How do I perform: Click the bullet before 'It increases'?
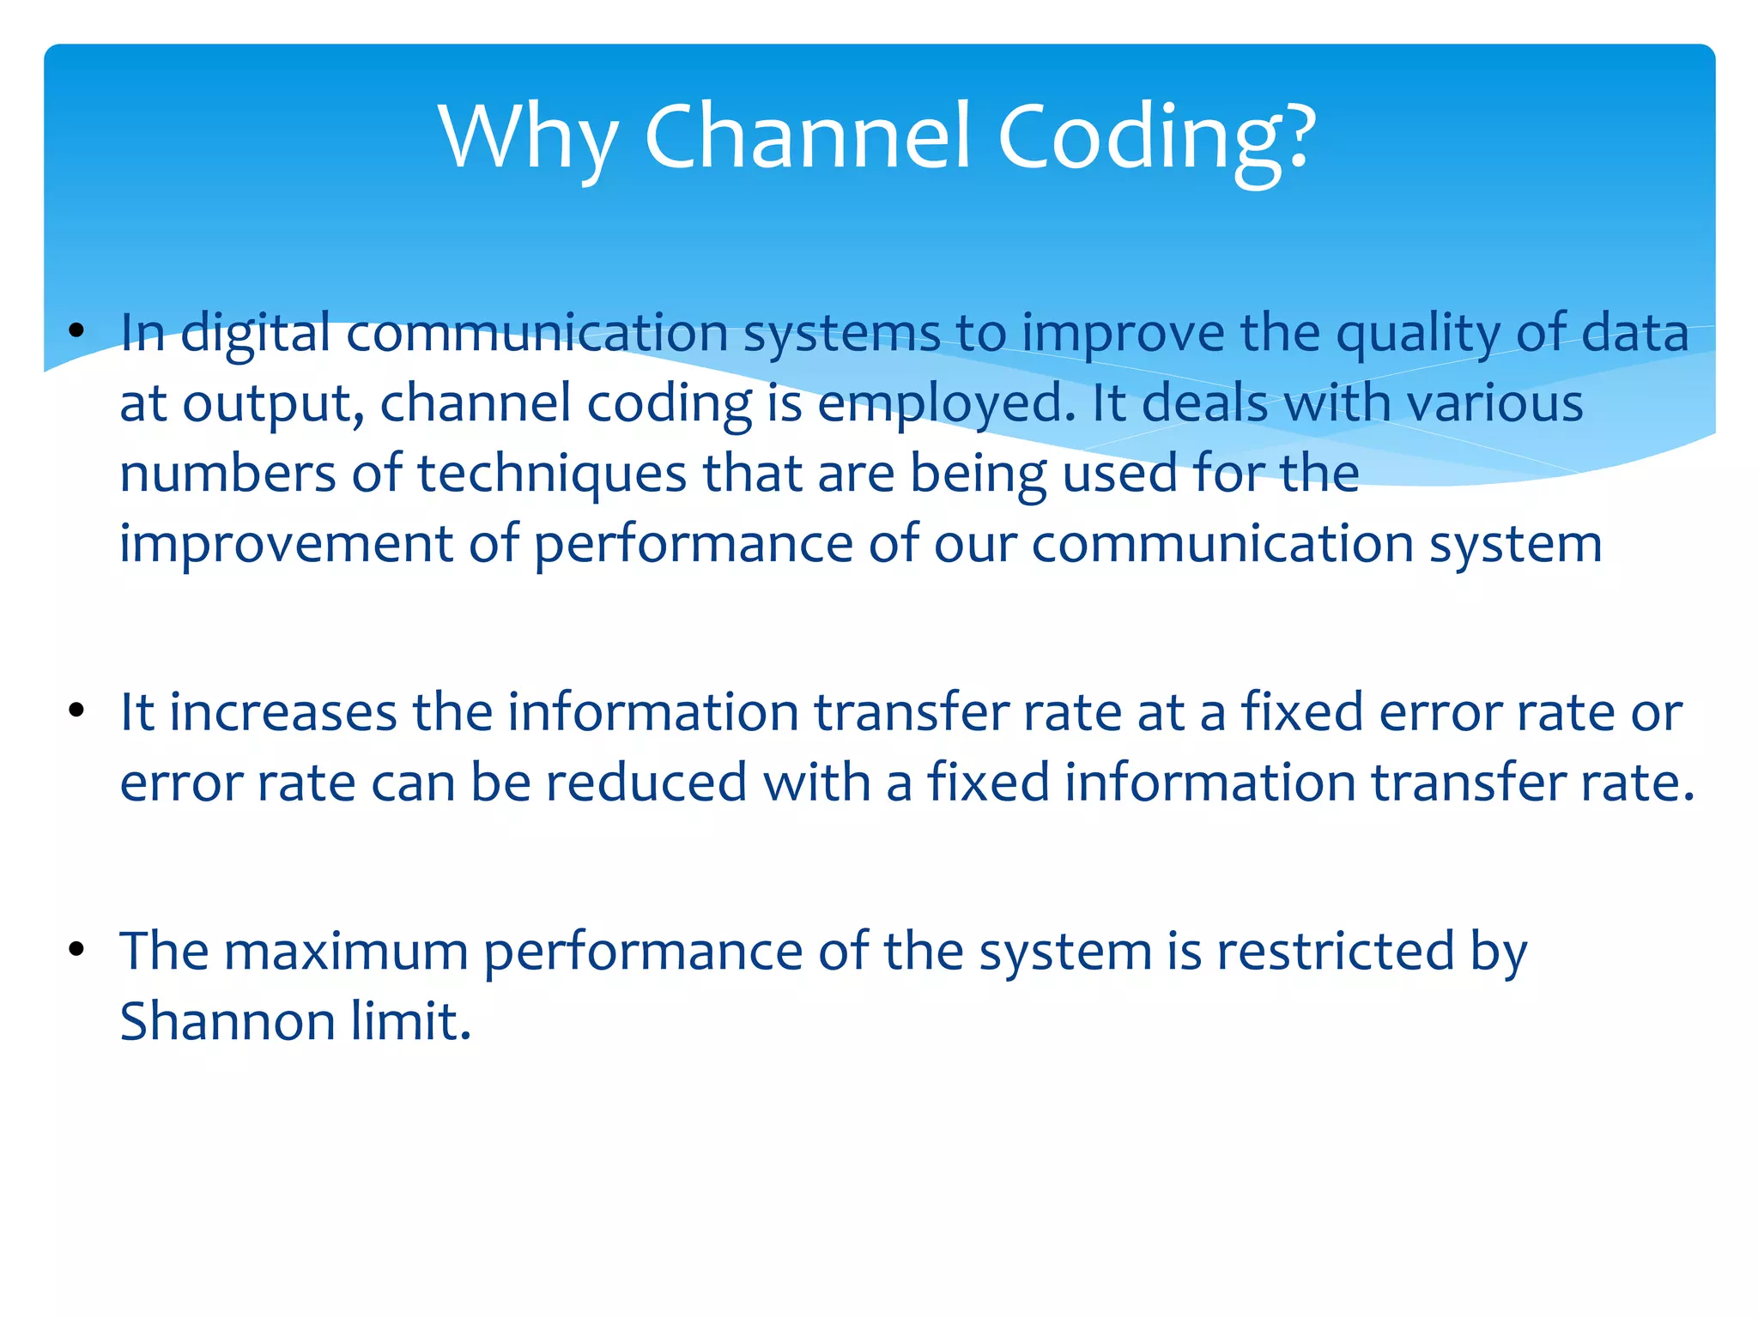click(x=77, y=711)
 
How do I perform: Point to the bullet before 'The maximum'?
click(x=77, y=950)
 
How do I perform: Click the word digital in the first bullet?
click(x=255, y=333)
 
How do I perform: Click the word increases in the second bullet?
click(x=283, y=712)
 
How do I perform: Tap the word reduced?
click(x=646, y=783)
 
